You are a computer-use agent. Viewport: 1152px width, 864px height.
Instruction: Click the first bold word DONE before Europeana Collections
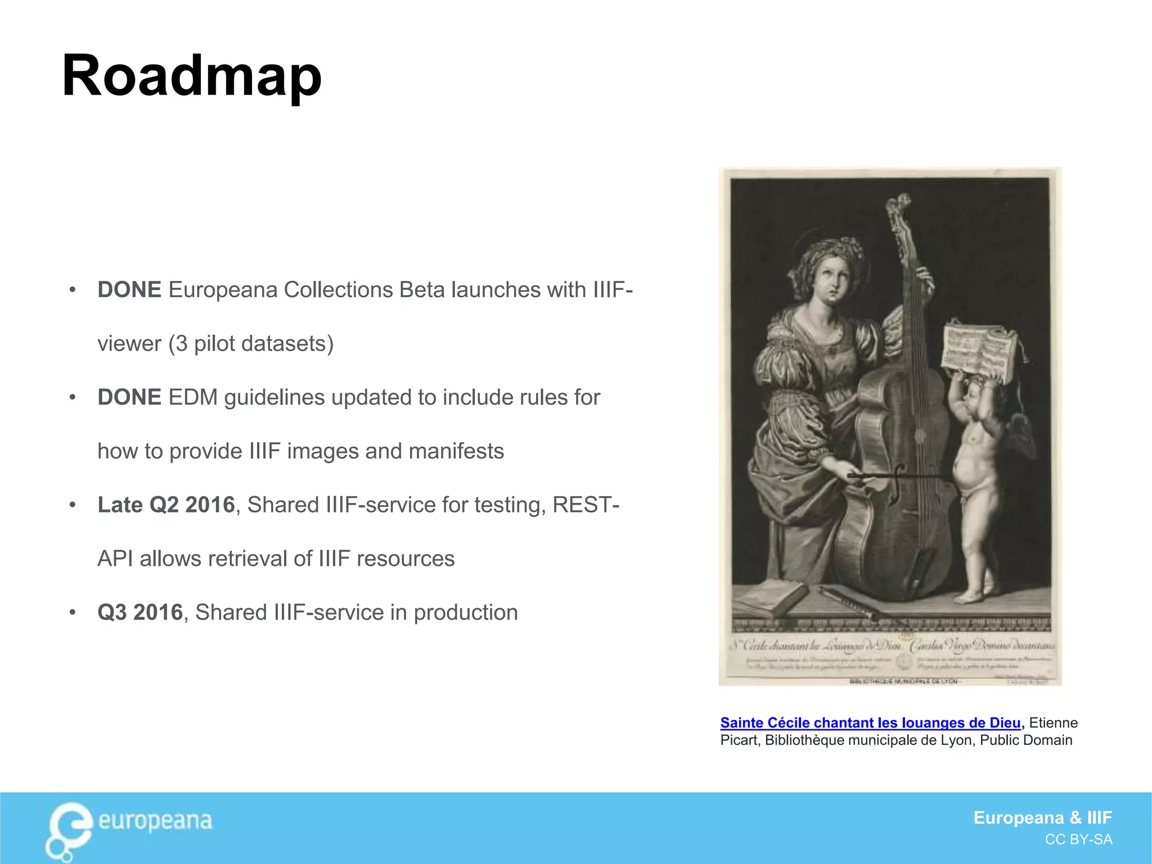129,290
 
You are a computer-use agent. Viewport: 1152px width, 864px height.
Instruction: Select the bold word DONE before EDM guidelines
129,397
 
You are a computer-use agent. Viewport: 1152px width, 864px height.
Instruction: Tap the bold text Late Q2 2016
166,505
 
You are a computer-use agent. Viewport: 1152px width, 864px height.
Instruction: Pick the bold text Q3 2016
140,612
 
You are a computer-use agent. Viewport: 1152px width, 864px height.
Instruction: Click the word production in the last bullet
466,612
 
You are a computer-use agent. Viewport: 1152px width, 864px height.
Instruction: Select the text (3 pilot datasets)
251,344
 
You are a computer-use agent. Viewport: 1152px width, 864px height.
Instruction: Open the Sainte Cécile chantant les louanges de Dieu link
870,723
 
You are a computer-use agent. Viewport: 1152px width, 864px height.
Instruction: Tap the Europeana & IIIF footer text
1042,817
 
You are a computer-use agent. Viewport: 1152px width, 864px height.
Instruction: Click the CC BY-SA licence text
1078,840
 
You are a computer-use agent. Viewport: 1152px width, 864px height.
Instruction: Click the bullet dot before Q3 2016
72,612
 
